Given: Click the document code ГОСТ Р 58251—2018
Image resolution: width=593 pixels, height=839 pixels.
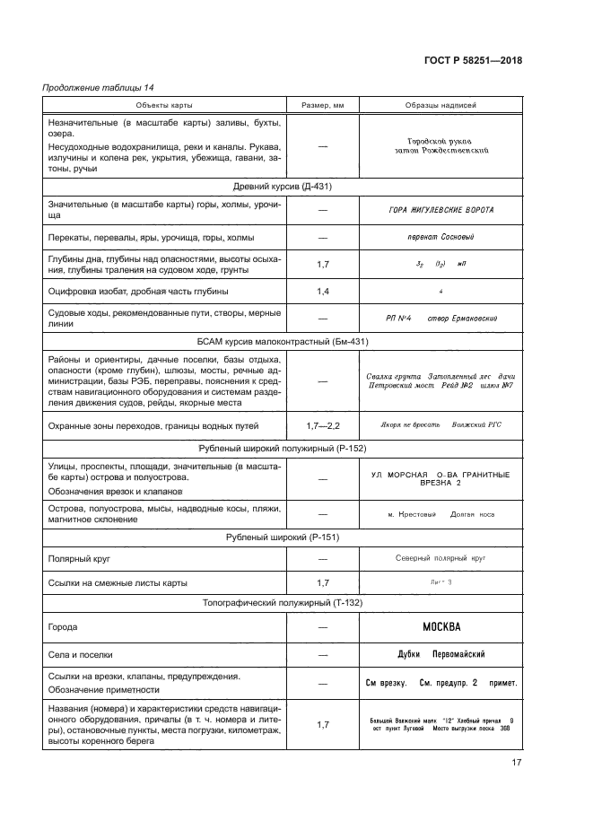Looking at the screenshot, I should pyautogui.click(x=473, y=60).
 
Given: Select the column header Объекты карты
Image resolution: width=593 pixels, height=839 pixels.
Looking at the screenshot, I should pyautogui.click(x=164, y=105).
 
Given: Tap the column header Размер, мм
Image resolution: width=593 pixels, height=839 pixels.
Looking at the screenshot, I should pyautogui.click(x=322, y=105).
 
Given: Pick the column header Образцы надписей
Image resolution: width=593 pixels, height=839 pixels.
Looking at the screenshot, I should pyautogui.click(x=440, y=105).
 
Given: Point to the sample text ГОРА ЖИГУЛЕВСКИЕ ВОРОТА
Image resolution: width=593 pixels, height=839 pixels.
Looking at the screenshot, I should pyautogui.click(x=440, y=211).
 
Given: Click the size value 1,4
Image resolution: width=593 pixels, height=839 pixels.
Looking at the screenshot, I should pyautogui.click(x=322, y=292).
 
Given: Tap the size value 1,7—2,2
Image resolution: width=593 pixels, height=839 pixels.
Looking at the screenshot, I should pyautogui.click(x=322, y=423).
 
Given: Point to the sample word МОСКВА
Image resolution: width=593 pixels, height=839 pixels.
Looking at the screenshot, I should pyautogui.click(x=440, y=627).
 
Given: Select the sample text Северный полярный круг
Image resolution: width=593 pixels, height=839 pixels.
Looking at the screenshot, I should pyautogui.click(x=440, y=558).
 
